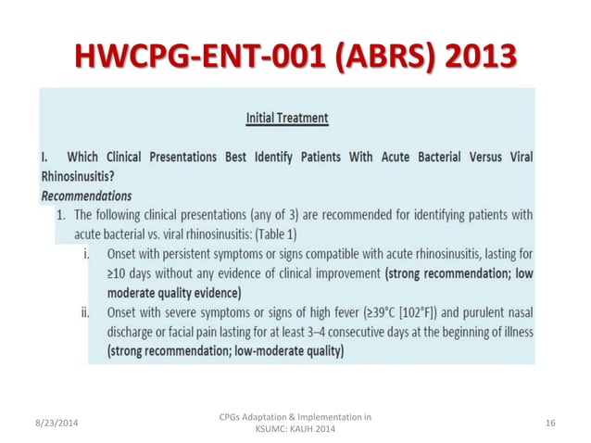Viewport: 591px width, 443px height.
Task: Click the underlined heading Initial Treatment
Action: pyautogui.click(x=287, y=119)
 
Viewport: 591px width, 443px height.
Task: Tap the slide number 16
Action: pyautogui.click(x=550, y=424)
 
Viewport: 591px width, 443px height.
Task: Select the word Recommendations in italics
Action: pyautogui.click(x=86, y=196)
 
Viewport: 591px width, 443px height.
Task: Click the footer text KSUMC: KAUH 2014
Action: pyautogui.click(x=294, y=429)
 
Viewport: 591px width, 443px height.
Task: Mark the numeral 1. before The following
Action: pyautogui.click(x=60, y=215)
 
